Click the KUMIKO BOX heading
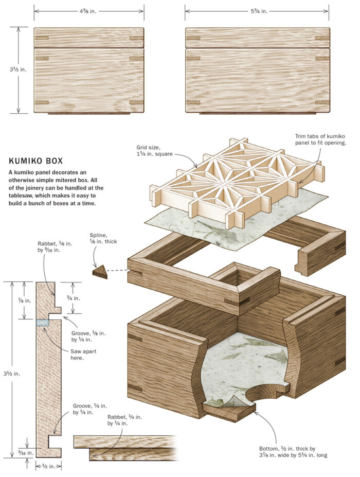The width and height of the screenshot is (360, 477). tap(39, 161)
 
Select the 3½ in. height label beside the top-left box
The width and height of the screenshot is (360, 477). tap(19, 70)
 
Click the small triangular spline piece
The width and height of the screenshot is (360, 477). tap(100, 272)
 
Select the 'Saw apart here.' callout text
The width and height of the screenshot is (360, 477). tap(83, 355)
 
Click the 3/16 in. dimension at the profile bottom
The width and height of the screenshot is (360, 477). tap(25, 453)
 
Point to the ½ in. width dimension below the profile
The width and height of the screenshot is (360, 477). tap(48, 466)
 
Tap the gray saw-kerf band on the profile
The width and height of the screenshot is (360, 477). tap(43, 323)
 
